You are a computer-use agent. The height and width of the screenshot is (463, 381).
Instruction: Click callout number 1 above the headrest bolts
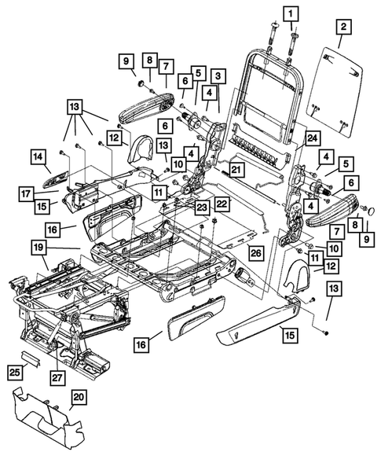[291, 14]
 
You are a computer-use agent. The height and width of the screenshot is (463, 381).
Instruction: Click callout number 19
[38, 249]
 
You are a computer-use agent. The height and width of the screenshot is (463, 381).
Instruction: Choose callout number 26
[255, 252]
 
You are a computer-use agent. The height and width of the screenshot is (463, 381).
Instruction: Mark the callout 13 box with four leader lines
[75, 107]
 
